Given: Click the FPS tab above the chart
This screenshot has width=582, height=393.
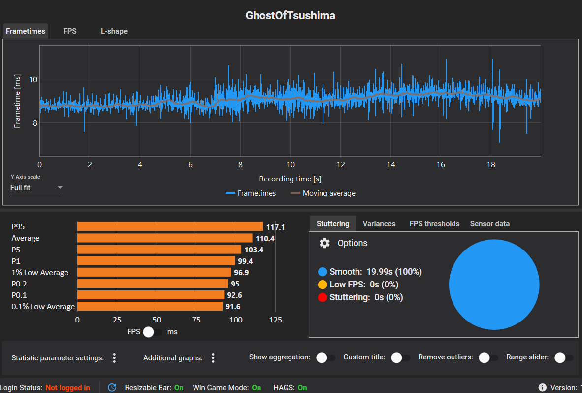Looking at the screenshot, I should [70, 31].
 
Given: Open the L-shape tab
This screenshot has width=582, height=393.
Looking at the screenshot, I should [114, 31].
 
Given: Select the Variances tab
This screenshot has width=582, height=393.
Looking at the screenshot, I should [379, 224].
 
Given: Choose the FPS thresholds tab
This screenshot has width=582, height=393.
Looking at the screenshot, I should [434, 224].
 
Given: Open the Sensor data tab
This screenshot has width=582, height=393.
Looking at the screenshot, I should [490, 224].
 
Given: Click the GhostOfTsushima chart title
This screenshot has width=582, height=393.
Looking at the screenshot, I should [291, 15].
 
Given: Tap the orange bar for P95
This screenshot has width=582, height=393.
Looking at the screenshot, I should [170, 227].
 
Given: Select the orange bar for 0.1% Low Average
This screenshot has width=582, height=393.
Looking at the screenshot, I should [150, 306].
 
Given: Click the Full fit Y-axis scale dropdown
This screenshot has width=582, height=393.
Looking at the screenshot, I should [36, 188].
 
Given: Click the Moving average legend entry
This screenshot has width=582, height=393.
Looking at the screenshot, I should [323, 193].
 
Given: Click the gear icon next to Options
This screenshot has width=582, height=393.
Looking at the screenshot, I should [324, 243].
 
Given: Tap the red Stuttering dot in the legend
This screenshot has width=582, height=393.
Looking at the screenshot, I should [323, 297].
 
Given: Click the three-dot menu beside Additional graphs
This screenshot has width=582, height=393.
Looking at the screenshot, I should [213, 358].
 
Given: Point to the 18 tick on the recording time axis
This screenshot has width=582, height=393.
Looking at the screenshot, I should [491, 165].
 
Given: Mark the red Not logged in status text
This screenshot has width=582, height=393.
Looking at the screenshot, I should [68, 388].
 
